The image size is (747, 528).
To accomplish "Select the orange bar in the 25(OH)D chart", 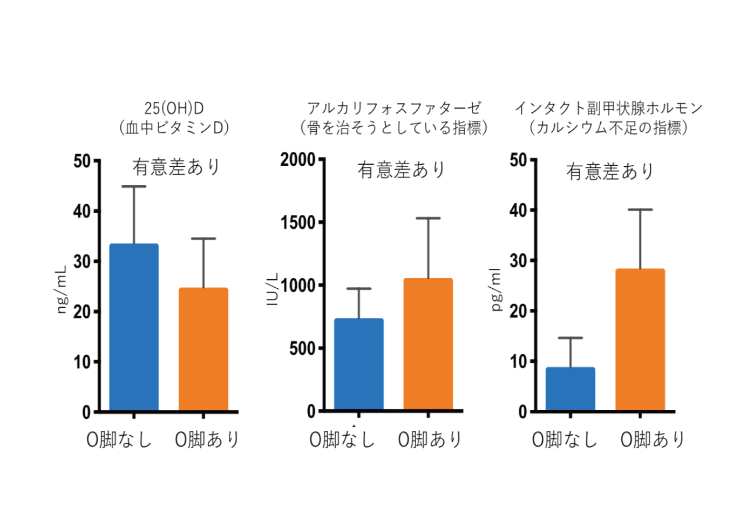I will (x=203, y=349).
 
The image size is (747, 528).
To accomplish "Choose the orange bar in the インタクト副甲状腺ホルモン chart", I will (x=640, y=340).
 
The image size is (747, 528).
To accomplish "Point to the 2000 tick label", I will (x=297, y=160).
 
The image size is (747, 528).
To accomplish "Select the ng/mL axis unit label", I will (x=62, y=289).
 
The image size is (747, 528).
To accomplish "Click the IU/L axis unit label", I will (x=273, y=289).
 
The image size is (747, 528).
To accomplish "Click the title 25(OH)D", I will (x=174, y=109).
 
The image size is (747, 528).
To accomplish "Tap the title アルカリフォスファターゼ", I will (x=394, y=109).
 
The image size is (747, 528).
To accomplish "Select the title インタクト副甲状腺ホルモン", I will (x=608, y=109).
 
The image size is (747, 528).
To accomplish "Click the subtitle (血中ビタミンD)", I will (x=174, y=128).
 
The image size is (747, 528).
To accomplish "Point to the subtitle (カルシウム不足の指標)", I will (x=608, y=128).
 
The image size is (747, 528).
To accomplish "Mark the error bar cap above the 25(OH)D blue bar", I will (x=134, y=187).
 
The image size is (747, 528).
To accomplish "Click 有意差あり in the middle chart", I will (x=401, y=170).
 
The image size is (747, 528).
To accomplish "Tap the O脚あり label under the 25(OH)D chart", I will (x=207, y=439).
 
